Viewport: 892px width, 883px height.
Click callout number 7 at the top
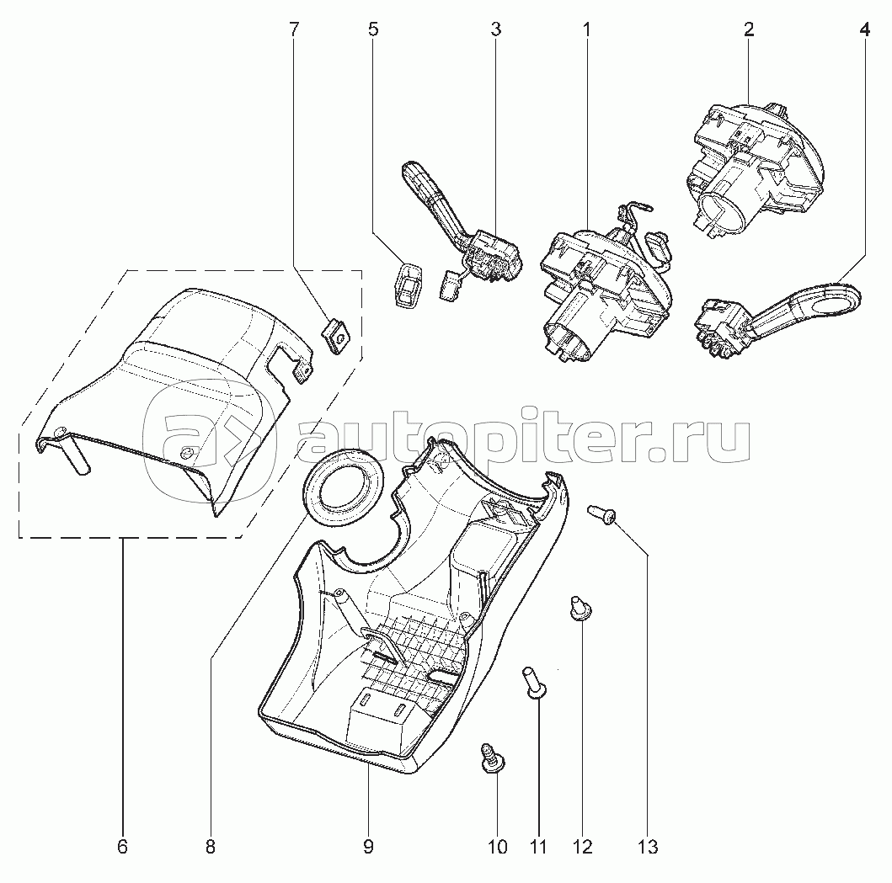pos(293,29)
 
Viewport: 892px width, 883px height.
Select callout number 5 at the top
pos(373,29)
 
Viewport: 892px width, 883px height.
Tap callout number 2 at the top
pos(749,29)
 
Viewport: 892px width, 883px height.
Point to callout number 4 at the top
pos(865,29)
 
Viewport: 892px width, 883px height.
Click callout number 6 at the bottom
pos(122,847)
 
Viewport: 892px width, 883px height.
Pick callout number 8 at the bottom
pos(211,847)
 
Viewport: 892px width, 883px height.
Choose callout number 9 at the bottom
pos(368,847)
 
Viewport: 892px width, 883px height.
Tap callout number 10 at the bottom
pos(497,847)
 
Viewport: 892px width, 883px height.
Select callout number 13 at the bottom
pos(648,847)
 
